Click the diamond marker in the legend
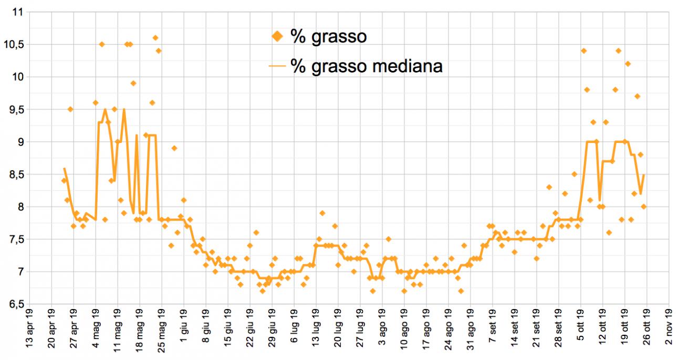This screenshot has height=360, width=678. (x=278, y=36)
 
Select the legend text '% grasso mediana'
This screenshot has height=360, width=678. (x=366, y=66)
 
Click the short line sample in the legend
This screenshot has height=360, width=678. (x=277, y=66)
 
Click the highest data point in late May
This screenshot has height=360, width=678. (x=155, y=38)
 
